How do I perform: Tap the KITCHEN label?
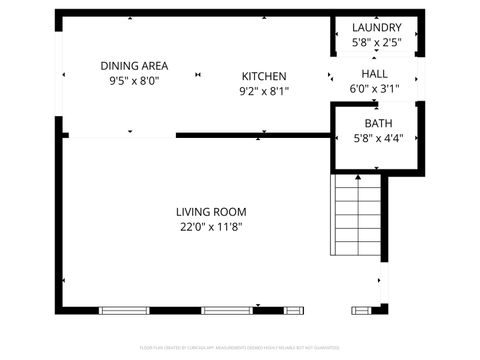click(x=264, y=76)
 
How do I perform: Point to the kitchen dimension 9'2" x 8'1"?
click(x=264, y=91)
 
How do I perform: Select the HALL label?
click(x=375, y=74)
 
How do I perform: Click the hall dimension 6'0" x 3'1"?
click(x=375, y=88)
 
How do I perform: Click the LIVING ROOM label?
click(x=211, y=212)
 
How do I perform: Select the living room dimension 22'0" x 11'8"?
click(x=211, y=227)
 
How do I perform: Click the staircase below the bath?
click(x=356, y=214)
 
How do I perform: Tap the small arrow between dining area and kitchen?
click(x=199, y=75)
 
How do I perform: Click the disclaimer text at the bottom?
click(x=240, y=348)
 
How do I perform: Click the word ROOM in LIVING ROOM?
click(x=230, y=212)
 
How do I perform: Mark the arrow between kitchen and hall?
click(x=331, y=75)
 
